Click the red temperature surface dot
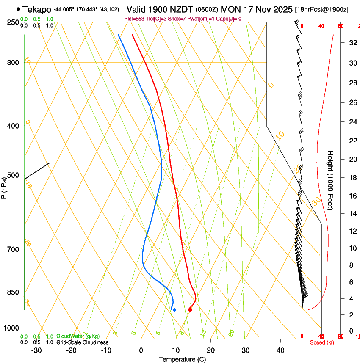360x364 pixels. [x=190, y=310]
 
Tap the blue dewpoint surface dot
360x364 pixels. [x=174, y=310]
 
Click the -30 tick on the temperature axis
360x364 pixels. [x=36, y=350]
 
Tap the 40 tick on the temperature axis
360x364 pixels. [x=280, y=350]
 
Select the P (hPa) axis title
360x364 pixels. [x=4, y=186]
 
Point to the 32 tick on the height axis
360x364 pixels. [x=352, y=43]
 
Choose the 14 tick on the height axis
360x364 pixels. [x=352, y=214]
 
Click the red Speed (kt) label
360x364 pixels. [x=322, y=342]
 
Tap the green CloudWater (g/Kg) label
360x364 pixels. [x=78, y=336]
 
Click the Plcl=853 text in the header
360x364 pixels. [x=136, y=19]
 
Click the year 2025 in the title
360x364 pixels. [x=281, y=9]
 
